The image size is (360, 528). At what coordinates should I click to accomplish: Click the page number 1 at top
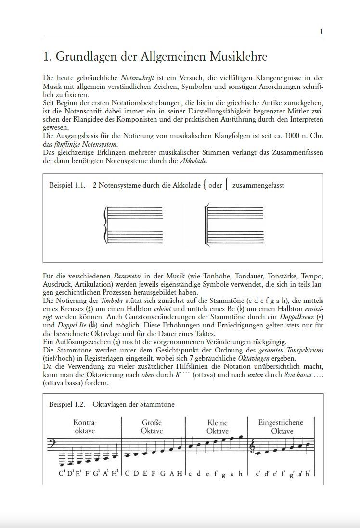[x=321, y=32]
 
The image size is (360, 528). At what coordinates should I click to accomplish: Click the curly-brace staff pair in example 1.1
[x=134, y=224]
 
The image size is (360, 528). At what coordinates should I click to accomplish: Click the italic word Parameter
[x=127, y=277]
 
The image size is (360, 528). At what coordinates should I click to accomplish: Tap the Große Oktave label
[x=152, y=427]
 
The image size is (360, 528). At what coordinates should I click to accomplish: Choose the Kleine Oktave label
[x=217, y=427]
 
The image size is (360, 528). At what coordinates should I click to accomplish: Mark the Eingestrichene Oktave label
[x=281, y=427]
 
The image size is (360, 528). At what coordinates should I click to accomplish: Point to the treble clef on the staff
[x=252, y=447]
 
